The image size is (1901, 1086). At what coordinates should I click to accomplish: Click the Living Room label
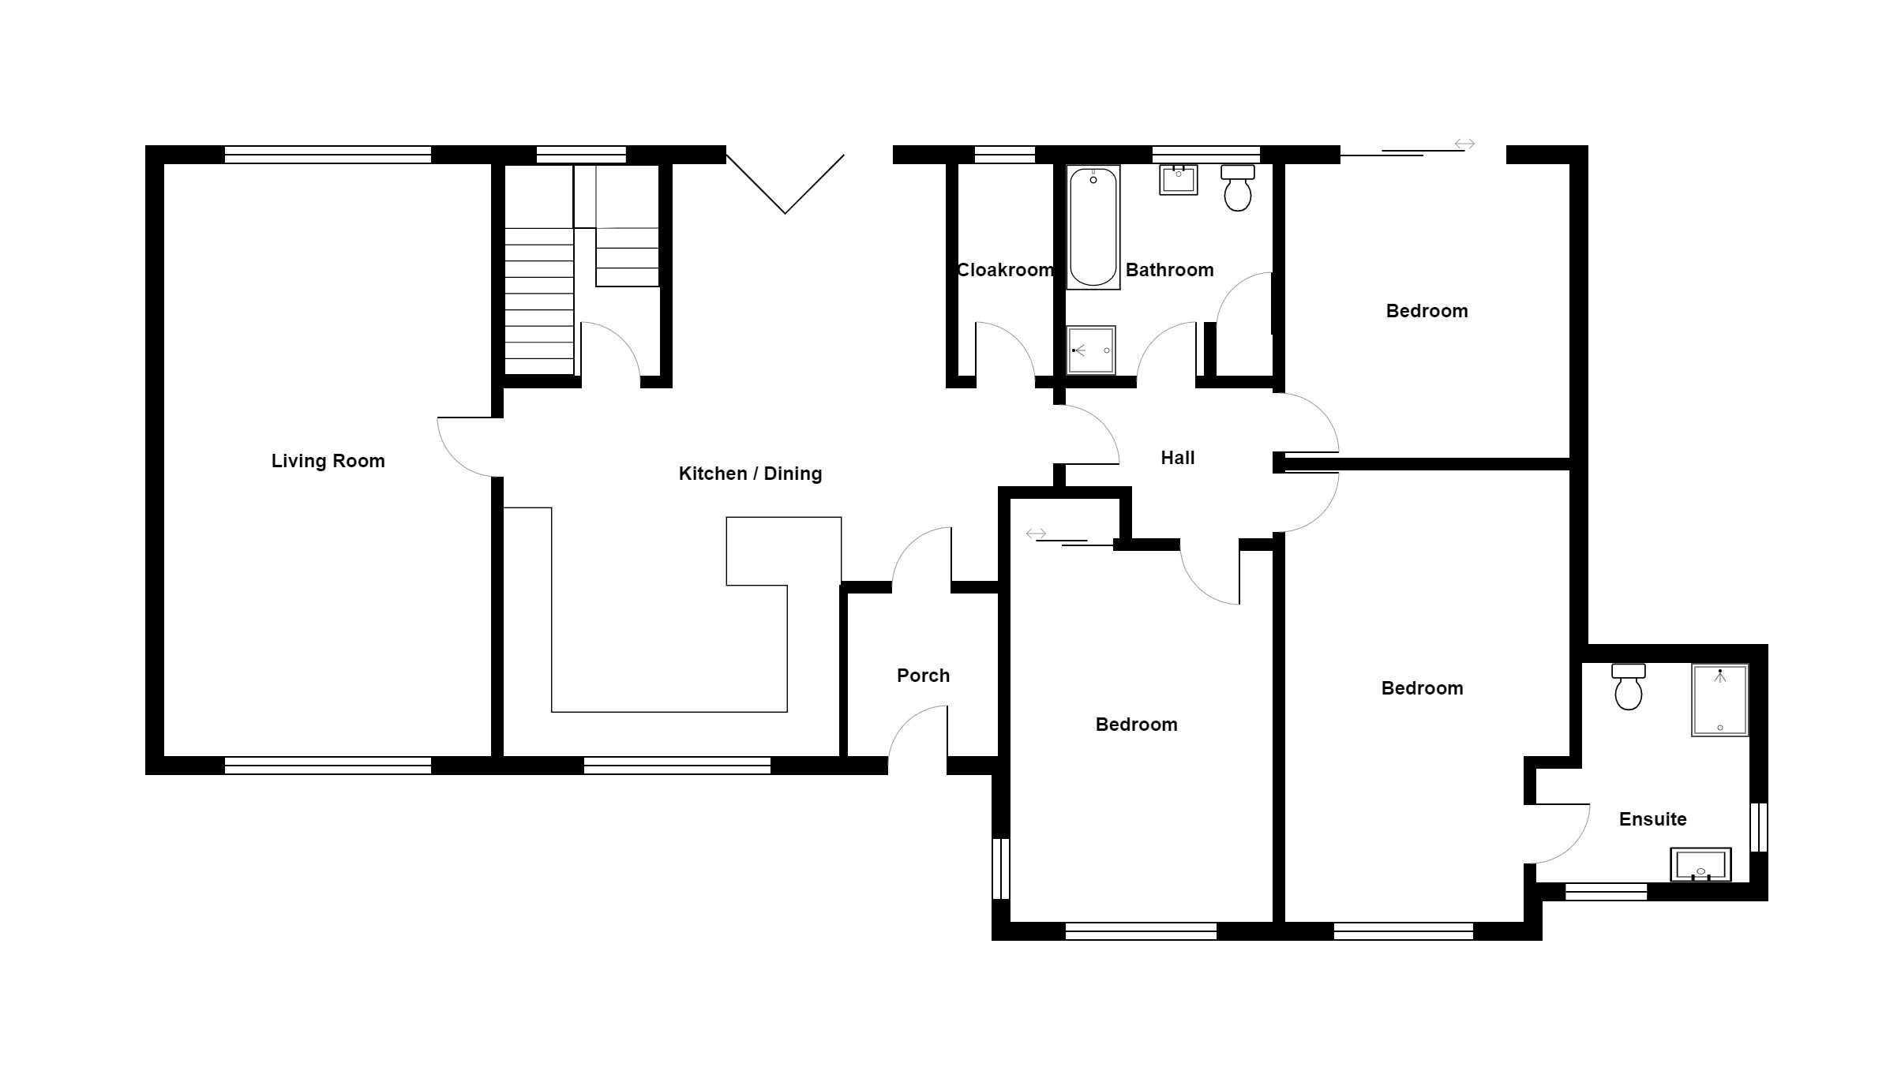click(328, 461)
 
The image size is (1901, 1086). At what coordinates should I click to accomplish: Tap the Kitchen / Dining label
click(750, 474)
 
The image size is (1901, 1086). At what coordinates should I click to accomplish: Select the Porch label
click(923, 676)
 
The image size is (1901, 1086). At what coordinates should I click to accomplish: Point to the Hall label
click(1177, 458)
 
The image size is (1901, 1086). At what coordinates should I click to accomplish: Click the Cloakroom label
click(1004, 270)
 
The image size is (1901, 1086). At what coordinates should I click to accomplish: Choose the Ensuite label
click(1652, 819)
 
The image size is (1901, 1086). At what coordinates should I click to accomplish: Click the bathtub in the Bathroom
click(1093, 227)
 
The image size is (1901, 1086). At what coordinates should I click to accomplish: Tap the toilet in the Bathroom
click(1237, 187)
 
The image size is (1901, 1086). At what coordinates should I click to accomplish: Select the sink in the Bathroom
click(1179, 179)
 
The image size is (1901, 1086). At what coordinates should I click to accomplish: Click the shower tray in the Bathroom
click(1091, 350)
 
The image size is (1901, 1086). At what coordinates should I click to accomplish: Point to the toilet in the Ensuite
click(1629, 687)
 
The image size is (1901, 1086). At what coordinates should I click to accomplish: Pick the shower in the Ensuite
click(1719, 700)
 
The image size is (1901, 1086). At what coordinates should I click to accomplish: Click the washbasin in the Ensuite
click(1700, 865)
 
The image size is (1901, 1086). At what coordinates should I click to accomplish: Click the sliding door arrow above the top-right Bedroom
click(1464, 144)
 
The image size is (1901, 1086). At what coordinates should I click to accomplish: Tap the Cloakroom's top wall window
click(1004, 155)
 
